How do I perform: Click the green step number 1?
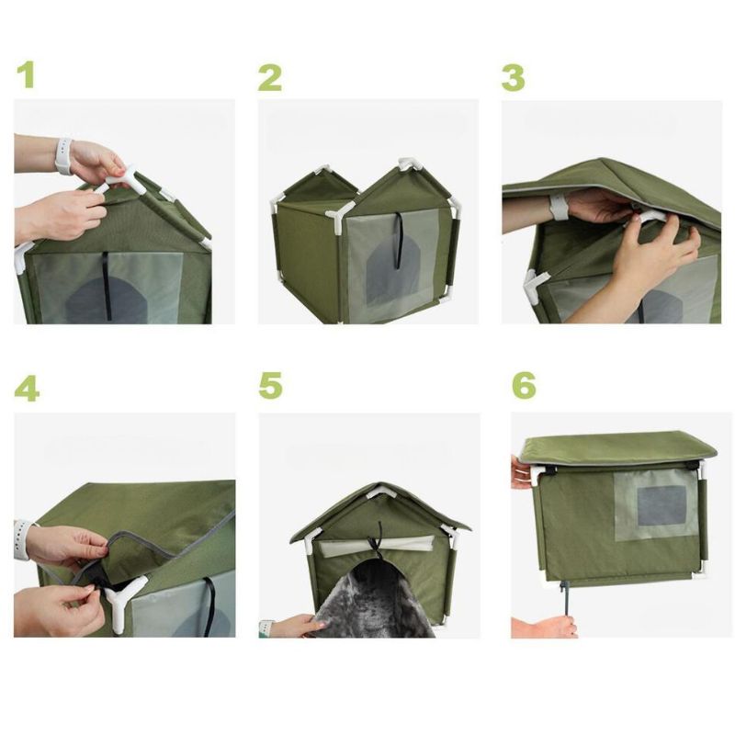pyautogui.click(x=27, y=75)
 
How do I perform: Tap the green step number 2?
pyautogui.click(x=270, y=78)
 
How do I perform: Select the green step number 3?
pyautogui.click(x=513, y=78)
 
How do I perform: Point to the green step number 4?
pyautogui.click(x=27, y=388)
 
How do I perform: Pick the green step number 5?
pyautogui.click(x=271, y=385)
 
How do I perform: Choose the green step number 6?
pyautogui.click(x=524, y=385)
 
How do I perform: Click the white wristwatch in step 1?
pyautogui.click(x=63, y=155)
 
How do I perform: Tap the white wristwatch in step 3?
pyautogui.click(x=559, y=207)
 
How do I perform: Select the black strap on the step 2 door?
pyautogui.click(x=399, y=240)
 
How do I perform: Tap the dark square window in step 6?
pyautogui.click(x=661, y=505)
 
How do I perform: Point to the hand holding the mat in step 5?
pyautogui.click(x=294, y=627)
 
